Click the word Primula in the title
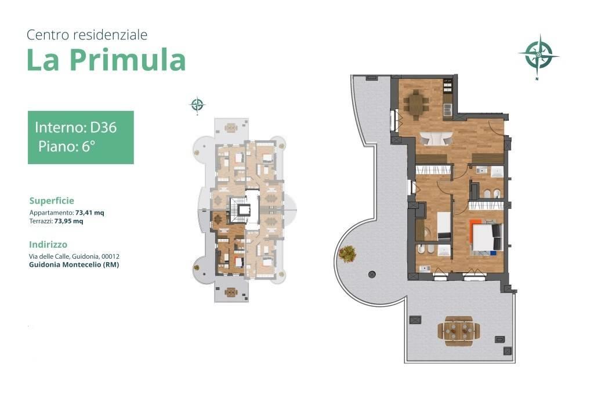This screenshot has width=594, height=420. tap(128, 60)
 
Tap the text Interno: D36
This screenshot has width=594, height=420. tap(76, 127)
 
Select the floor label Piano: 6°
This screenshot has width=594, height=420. tap(66, 146)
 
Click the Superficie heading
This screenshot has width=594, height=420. tap(52, 201)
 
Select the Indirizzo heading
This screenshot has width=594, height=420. tap(48, 245)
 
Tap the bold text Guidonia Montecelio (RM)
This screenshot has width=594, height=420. tap(74, 265)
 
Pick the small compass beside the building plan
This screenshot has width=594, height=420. tap(197, 104)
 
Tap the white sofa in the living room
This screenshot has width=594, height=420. tap(436, 138)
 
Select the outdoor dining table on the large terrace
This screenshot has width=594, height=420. tap(459, 331)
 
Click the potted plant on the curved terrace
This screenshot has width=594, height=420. tap(347, 253)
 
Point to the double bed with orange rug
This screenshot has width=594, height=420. tap(486, 237)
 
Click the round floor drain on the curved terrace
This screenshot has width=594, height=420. tap(372, 274)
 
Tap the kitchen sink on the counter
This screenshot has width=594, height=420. tap(447, 109)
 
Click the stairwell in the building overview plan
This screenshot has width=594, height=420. tap(240, 210)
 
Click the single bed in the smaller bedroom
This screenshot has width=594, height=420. tap(444, 225)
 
